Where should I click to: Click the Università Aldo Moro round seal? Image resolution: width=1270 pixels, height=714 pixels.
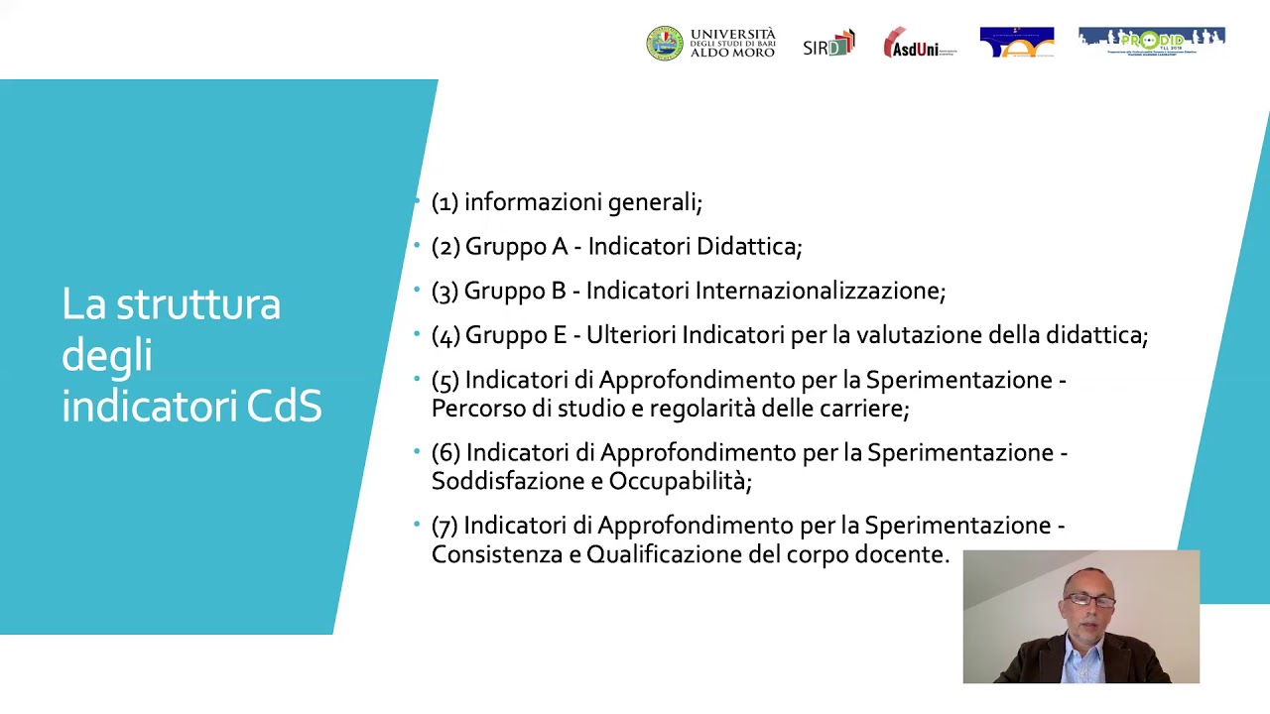[x=665, y=44]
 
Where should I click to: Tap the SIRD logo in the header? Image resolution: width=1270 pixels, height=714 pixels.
[x=828, y=45]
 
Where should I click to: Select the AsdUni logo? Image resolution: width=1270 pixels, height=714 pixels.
[x=919, y=44]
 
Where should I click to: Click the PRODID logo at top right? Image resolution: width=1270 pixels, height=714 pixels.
[x=1151, y=42]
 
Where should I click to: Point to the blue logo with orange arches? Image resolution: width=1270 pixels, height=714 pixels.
[x=1016, y=43]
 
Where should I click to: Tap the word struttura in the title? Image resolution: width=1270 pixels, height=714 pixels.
[x=198, y=304]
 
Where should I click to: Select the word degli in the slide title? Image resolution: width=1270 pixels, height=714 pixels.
[x=106, y=356]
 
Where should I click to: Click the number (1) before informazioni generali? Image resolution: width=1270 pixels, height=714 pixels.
[x=444, y=202]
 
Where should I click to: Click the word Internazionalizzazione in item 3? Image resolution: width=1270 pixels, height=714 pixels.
[x=819, y=291]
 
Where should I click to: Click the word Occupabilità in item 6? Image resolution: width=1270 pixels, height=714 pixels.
[x=679, y=481]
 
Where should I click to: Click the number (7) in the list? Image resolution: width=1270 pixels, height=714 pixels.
[x=444, y=526]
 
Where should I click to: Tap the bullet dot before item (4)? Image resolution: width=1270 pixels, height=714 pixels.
[x=418, y=333]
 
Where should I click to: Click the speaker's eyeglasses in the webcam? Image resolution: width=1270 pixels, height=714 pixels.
[x=1089, y=600]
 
